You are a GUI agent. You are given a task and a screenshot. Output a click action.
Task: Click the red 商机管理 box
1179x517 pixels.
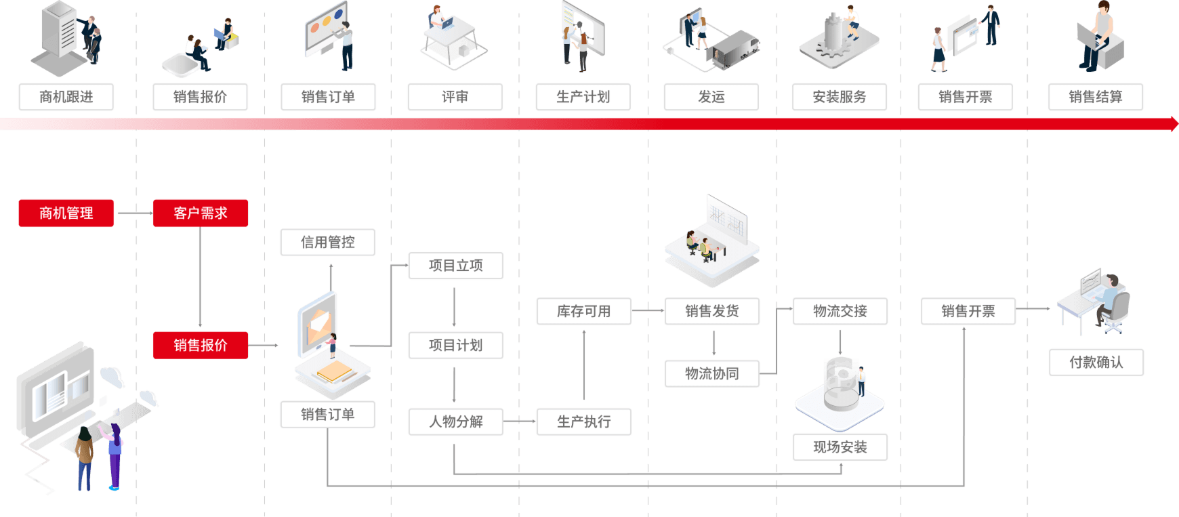tap(66, 213)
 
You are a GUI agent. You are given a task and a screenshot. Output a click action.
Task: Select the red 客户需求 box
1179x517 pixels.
tap(201, 213)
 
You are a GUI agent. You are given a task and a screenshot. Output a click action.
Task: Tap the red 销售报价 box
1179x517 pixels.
tap(201, 346)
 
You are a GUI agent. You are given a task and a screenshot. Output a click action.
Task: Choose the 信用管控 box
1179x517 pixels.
tap(328, 243)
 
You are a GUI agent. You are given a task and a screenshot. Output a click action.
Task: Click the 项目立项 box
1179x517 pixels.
tap(455, 266)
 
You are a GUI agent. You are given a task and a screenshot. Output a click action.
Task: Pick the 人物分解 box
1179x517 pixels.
tap(455, 421)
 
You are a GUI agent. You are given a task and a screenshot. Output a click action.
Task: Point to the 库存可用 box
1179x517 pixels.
tap(583, 312)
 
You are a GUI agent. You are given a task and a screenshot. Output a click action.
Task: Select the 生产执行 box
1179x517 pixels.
tap(583, 421)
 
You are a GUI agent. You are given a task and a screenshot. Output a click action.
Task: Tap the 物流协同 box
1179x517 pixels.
tap(711, 374)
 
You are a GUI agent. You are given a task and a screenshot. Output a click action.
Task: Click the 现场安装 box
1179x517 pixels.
tap(840, 447)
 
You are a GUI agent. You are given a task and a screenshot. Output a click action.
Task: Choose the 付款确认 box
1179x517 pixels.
tap(1096, 363)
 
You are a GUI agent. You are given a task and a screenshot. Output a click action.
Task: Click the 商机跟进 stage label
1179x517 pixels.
tap(66, 97)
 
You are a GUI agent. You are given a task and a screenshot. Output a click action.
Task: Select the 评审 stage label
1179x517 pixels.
tap(455, 97)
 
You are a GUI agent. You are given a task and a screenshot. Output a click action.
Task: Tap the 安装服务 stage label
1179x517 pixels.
tap(840, 97)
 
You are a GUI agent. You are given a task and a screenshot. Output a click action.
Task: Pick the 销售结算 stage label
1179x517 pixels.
tap(1096, 97)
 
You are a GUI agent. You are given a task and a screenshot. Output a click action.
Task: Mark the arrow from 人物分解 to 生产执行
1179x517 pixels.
tap(520, 421)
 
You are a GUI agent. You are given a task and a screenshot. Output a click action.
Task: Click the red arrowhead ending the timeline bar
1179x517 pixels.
tap(1173, 123)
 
